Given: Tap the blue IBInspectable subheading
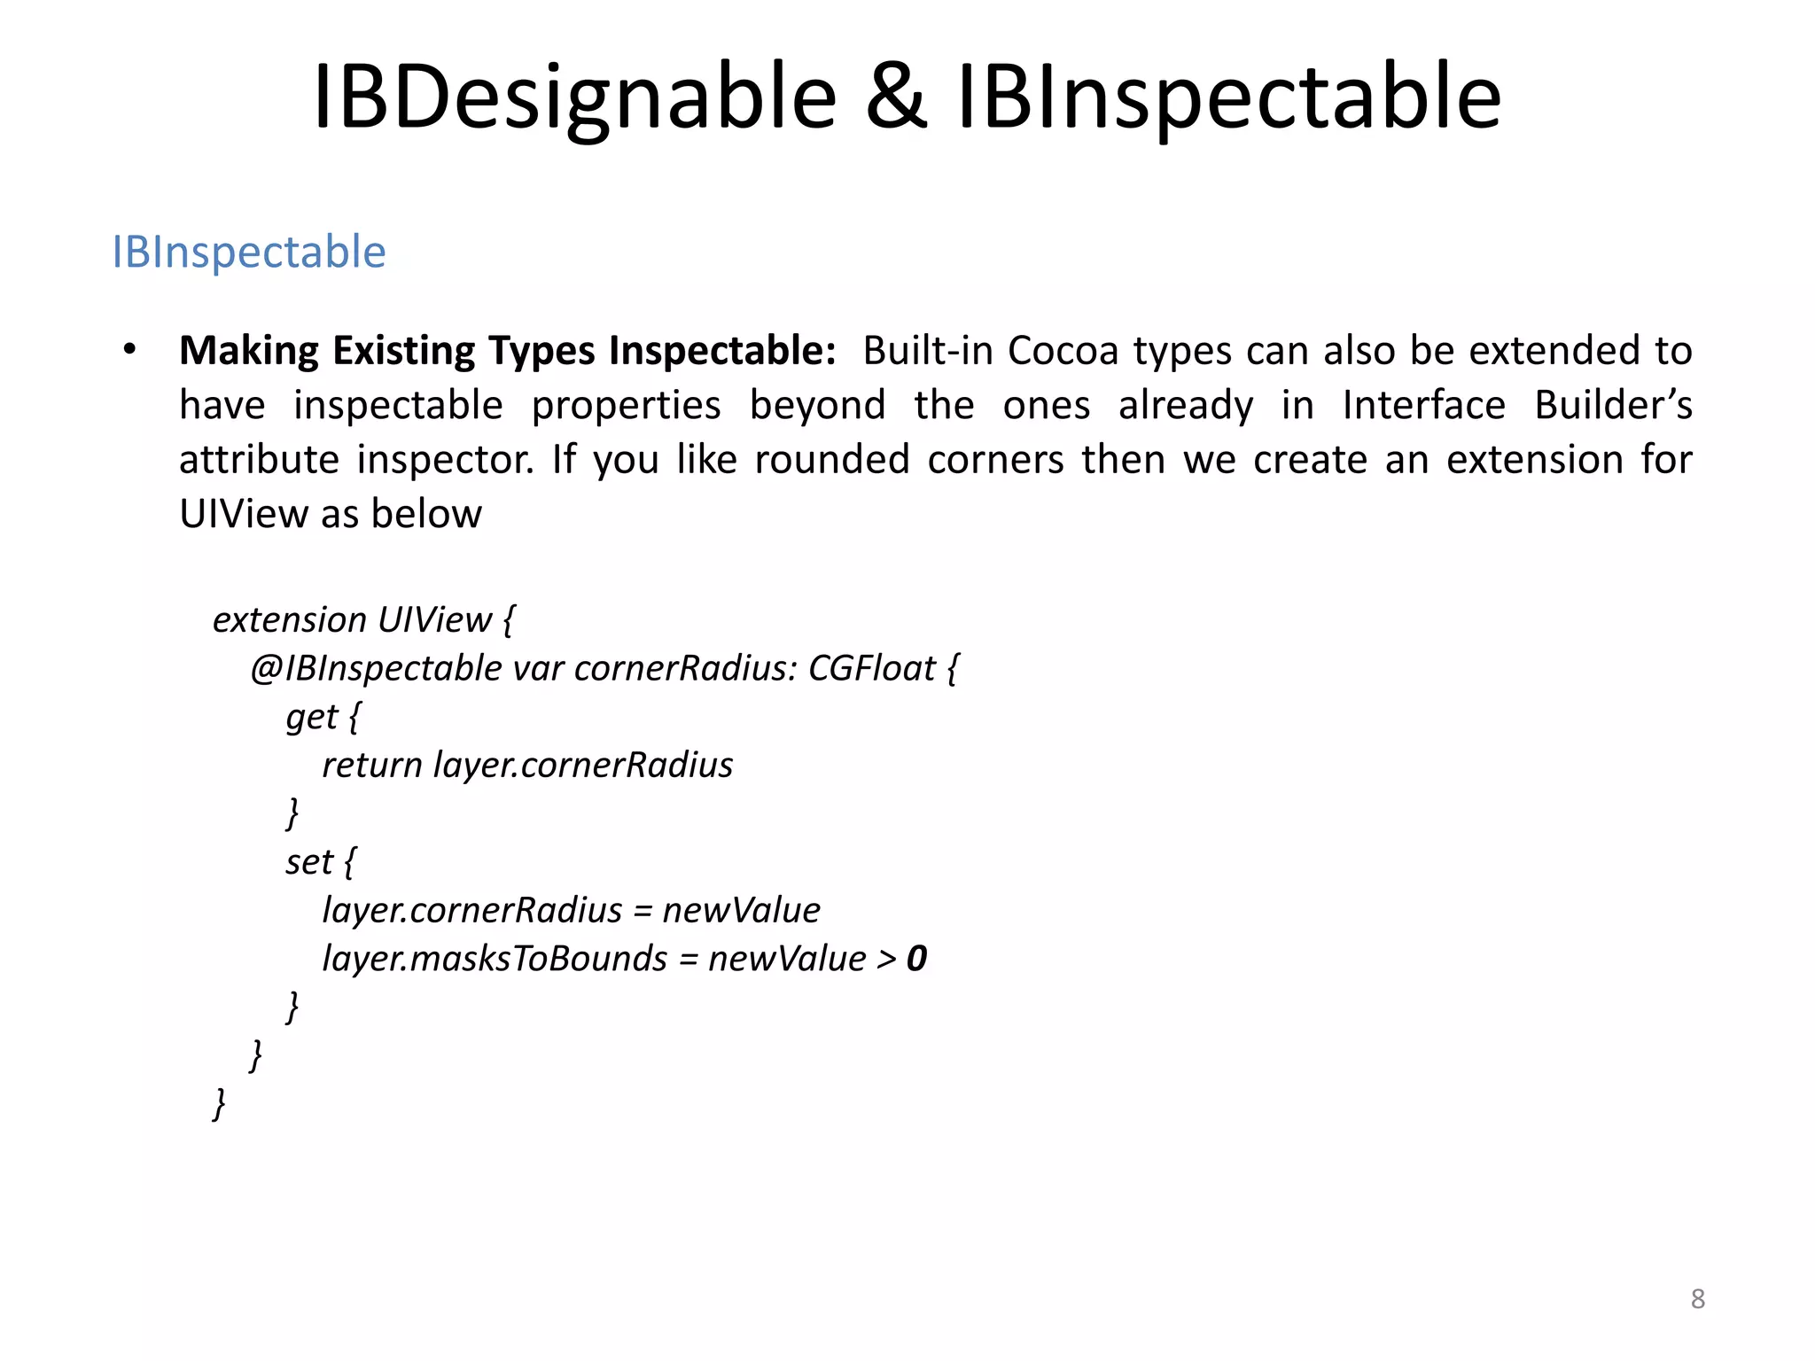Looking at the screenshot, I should [249, 252].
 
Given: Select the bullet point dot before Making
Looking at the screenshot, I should [130, 349].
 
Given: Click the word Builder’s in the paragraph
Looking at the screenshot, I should [1613, 406].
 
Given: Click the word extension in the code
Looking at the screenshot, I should [289, 619].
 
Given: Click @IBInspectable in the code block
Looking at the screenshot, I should [376, 668].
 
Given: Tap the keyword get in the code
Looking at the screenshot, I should [312, 717].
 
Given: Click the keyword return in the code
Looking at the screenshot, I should [371, 766].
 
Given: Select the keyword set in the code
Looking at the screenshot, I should [308, 862].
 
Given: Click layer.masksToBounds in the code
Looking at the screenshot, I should [495, 959].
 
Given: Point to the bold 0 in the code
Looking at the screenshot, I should [916, 959].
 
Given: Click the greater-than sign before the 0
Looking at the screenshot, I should [886, 960].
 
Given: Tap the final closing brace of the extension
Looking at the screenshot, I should [219, 1104].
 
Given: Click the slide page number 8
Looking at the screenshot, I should [1697, 1299].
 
